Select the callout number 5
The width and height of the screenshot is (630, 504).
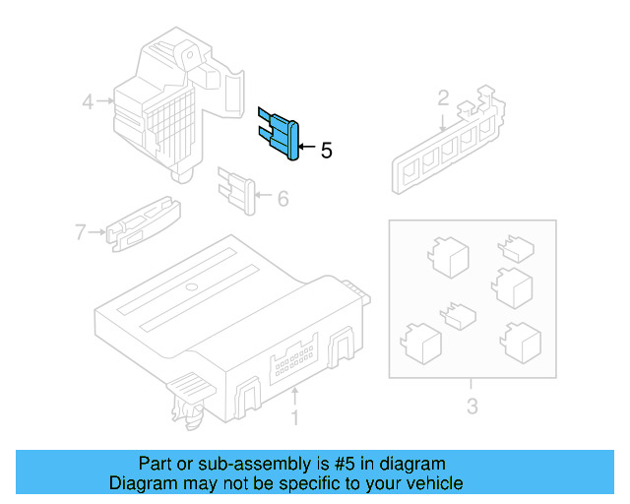tap(327, 151)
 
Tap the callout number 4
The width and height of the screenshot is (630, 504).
tap(88, 100)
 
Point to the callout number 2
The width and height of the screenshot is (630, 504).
tap(443, 97)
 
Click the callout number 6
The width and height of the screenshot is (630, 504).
tap(283, 200)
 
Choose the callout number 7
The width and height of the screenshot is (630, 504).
tap(81, 232)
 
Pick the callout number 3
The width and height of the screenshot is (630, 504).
tap(472, 406)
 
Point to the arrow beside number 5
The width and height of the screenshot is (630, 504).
tap(306, 149)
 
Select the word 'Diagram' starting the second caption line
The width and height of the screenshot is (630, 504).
tap(145, 483)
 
